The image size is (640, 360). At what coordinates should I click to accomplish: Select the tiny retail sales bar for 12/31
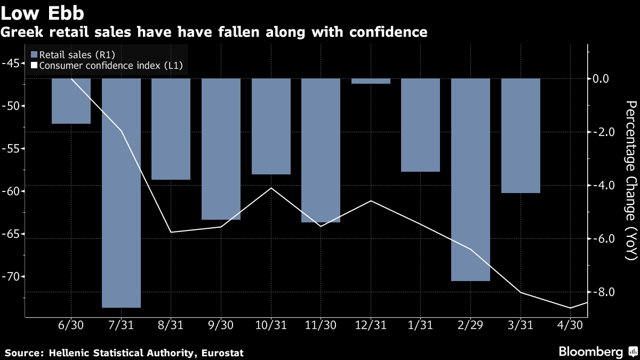[371, 81]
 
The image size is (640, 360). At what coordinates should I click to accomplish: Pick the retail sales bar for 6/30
[71, 101]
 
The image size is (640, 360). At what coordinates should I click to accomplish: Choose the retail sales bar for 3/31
[521, 136]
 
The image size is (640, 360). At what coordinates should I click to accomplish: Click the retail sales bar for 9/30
[221, 149]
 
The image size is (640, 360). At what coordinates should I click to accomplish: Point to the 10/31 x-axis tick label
[271, 325]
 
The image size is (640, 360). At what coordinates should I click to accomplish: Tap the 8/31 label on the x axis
[171, 325]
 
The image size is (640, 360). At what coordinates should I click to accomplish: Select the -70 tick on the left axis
[12, 277]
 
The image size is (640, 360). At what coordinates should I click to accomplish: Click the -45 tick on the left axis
[12, 63]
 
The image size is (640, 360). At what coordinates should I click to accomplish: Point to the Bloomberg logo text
[590, 352]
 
